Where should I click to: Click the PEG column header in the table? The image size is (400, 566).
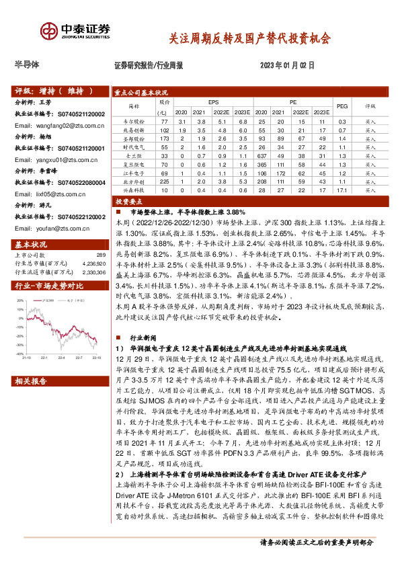click(342, 106)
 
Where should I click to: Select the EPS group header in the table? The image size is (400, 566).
click(213, 102)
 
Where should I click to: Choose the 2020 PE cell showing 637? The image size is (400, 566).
click(263, 155)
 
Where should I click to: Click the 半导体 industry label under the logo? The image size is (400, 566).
click(27, 65)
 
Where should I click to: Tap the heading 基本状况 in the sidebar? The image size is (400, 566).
click(30, 243)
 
